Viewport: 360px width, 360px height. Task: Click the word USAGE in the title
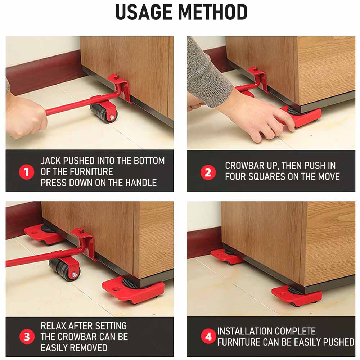144,12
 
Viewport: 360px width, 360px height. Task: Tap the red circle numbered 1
27,172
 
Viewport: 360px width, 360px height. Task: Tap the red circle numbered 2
208,172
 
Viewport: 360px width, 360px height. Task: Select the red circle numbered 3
27,337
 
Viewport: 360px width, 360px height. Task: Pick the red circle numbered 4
208,336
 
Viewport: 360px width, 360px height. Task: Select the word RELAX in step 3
54,326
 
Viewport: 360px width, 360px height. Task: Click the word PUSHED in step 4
339,342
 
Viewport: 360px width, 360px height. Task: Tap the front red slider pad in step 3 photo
133,290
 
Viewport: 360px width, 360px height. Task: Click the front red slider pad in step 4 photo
297,296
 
